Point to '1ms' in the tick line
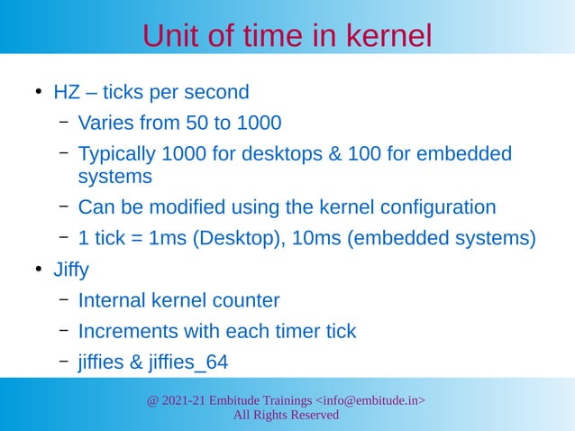point(169,239)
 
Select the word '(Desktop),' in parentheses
point(237,239)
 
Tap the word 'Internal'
point(113,300)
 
